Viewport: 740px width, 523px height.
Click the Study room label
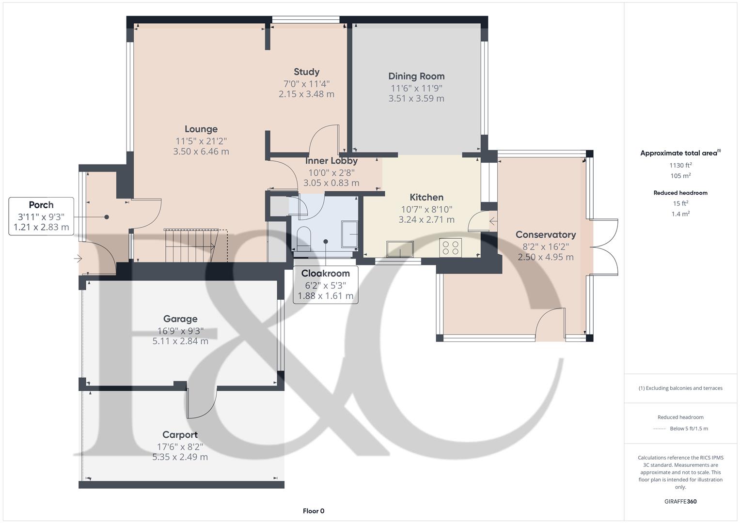[306, 72]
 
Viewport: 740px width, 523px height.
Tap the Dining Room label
[416, 76]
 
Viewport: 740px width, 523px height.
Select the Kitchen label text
[426, 197]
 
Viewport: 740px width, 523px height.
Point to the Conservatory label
[546, 235]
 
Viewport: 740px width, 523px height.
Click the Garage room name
[180, 319]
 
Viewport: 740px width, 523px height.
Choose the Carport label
[180, 435]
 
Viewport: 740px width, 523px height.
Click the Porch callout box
[41, 216]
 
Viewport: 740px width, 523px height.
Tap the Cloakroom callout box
[325, 285]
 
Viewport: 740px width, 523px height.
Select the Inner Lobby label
[331, 161]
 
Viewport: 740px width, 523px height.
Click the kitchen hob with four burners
[450, 247]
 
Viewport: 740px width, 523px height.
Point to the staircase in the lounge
[196, 246]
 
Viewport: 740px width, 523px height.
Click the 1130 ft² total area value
[680, 165]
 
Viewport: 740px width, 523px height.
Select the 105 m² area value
[680, 176]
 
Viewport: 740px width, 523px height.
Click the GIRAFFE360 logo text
[680, 501]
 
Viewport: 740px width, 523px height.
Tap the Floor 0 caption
[314, 511]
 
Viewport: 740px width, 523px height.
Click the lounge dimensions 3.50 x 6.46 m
[201, 152]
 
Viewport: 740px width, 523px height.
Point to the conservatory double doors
[604, 247]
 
